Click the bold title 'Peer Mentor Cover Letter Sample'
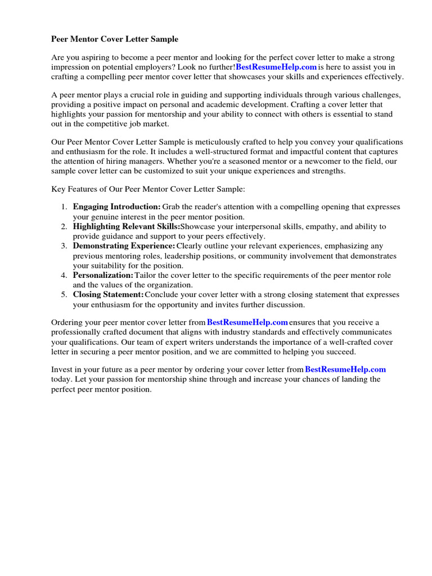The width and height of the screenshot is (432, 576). [x=115, y=39]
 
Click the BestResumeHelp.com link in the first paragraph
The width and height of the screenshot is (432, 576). [x=276, y=67]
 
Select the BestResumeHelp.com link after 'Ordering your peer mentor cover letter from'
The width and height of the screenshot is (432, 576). [x=247, y=322]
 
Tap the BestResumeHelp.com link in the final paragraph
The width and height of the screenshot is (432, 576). [x=345, y=370]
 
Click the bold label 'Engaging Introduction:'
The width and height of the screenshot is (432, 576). [x=116, y=207]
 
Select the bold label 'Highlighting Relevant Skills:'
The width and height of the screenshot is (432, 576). [x=127, y=227]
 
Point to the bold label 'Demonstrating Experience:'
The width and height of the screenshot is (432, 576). [x=124, y=246]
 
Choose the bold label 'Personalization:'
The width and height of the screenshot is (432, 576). [x=103, y=276]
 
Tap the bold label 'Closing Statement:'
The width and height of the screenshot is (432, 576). [x=108, y=295]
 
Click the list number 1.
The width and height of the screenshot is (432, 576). [x=64, y=207]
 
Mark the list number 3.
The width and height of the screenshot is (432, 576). [x=64, y=246]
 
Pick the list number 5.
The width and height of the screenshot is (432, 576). [x=64, y=295]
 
